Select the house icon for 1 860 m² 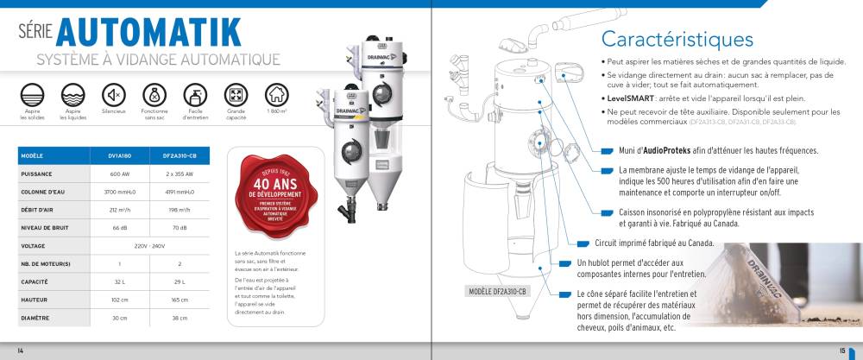click(x=276, y=93)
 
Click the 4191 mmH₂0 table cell click(x=180, y=191)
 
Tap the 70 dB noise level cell click(x=180, y=228)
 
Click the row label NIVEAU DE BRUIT click(x=43, y=228)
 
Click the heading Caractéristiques click(x=677, y=40)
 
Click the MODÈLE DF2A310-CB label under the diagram click(x=502, y=291)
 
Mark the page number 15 click(x=841, y=350)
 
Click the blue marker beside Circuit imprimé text click(x=583, y=243)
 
